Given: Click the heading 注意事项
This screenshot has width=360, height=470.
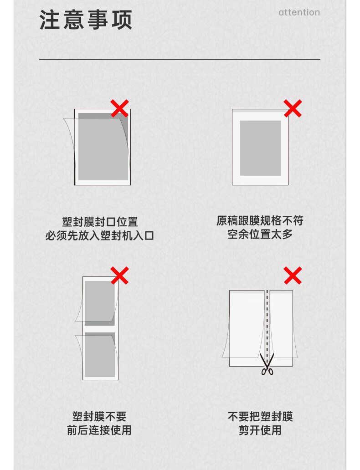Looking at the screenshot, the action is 86,20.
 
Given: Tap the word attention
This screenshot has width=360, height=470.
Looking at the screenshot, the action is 299,12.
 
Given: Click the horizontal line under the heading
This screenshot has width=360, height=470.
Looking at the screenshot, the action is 180,59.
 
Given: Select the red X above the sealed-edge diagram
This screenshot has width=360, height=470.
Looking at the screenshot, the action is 120,108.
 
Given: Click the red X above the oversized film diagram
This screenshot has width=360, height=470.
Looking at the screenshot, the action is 293,108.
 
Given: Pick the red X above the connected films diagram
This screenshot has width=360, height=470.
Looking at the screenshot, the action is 120,275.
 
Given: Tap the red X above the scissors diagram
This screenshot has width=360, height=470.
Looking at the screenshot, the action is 293,275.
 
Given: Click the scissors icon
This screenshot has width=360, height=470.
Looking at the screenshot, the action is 267,364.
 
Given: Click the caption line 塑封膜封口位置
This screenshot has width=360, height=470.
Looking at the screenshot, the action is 100,222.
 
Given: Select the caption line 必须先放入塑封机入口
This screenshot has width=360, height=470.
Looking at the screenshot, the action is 100,235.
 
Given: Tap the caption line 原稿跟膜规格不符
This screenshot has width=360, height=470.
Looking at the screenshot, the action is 260,220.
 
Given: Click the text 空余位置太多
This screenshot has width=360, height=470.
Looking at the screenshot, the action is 260,234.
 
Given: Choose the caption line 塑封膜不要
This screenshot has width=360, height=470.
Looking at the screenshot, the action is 99,416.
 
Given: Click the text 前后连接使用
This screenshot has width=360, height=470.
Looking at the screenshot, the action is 99,430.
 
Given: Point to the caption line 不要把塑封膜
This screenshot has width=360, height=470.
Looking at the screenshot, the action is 260,416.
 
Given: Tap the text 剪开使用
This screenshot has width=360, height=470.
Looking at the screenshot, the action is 260,430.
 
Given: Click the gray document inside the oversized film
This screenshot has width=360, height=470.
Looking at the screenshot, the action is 260,148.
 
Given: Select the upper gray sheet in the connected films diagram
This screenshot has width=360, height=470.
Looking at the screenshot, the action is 100,303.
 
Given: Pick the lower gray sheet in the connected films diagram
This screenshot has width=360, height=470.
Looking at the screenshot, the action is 100,355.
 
